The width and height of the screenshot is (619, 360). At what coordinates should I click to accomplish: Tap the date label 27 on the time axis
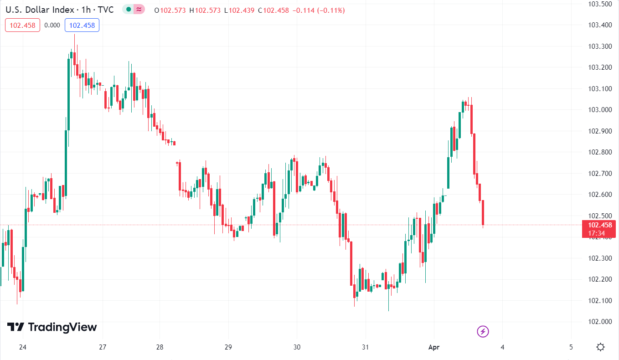[103, 347]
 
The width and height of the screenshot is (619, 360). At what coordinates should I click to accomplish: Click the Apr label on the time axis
[433, 347]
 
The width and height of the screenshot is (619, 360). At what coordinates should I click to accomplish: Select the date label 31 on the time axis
[365, 347]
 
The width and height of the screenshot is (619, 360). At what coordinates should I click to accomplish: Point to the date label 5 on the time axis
[571, 347]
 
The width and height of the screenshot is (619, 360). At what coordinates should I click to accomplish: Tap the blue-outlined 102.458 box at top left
[82, 26]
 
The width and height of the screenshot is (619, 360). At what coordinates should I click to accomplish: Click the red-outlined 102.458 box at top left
[23, 26]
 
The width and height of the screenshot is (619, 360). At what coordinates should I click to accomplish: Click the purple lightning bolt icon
[483, 331]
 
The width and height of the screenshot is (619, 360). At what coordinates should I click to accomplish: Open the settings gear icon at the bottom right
[600, 347]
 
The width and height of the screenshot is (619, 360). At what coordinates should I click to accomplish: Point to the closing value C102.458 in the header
[273, 10]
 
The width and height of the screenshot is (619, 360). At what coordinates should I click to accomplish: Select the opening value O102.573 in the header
[170, 10]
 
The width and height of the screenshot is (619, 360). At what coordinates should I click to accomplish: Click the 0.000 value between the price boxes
[52, 26]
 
